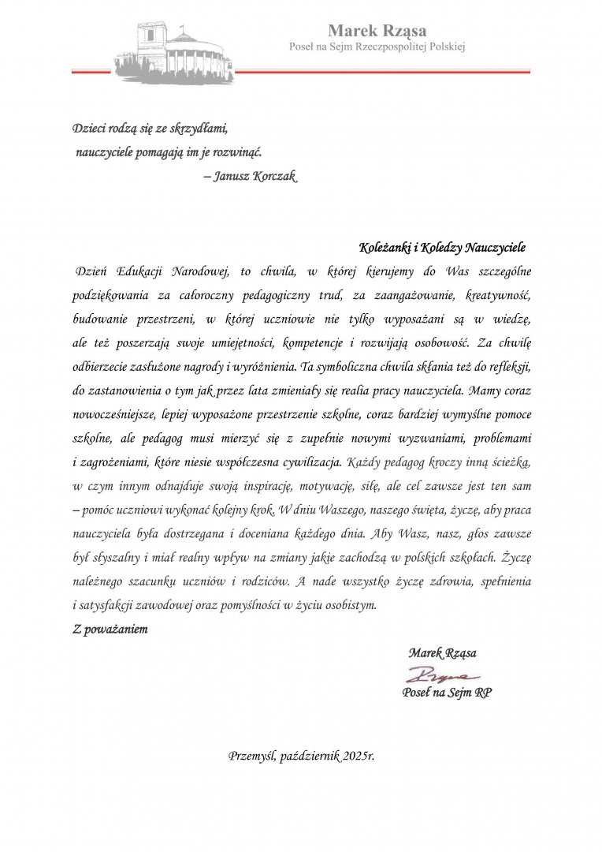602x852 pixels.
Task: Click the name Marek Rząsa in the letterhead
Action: pyautogui.click(x=377, y=31)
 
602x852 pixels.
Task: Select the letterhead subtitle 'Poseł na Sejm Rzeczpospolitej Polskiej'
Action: pyautogui.click(x=377, y=47)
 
